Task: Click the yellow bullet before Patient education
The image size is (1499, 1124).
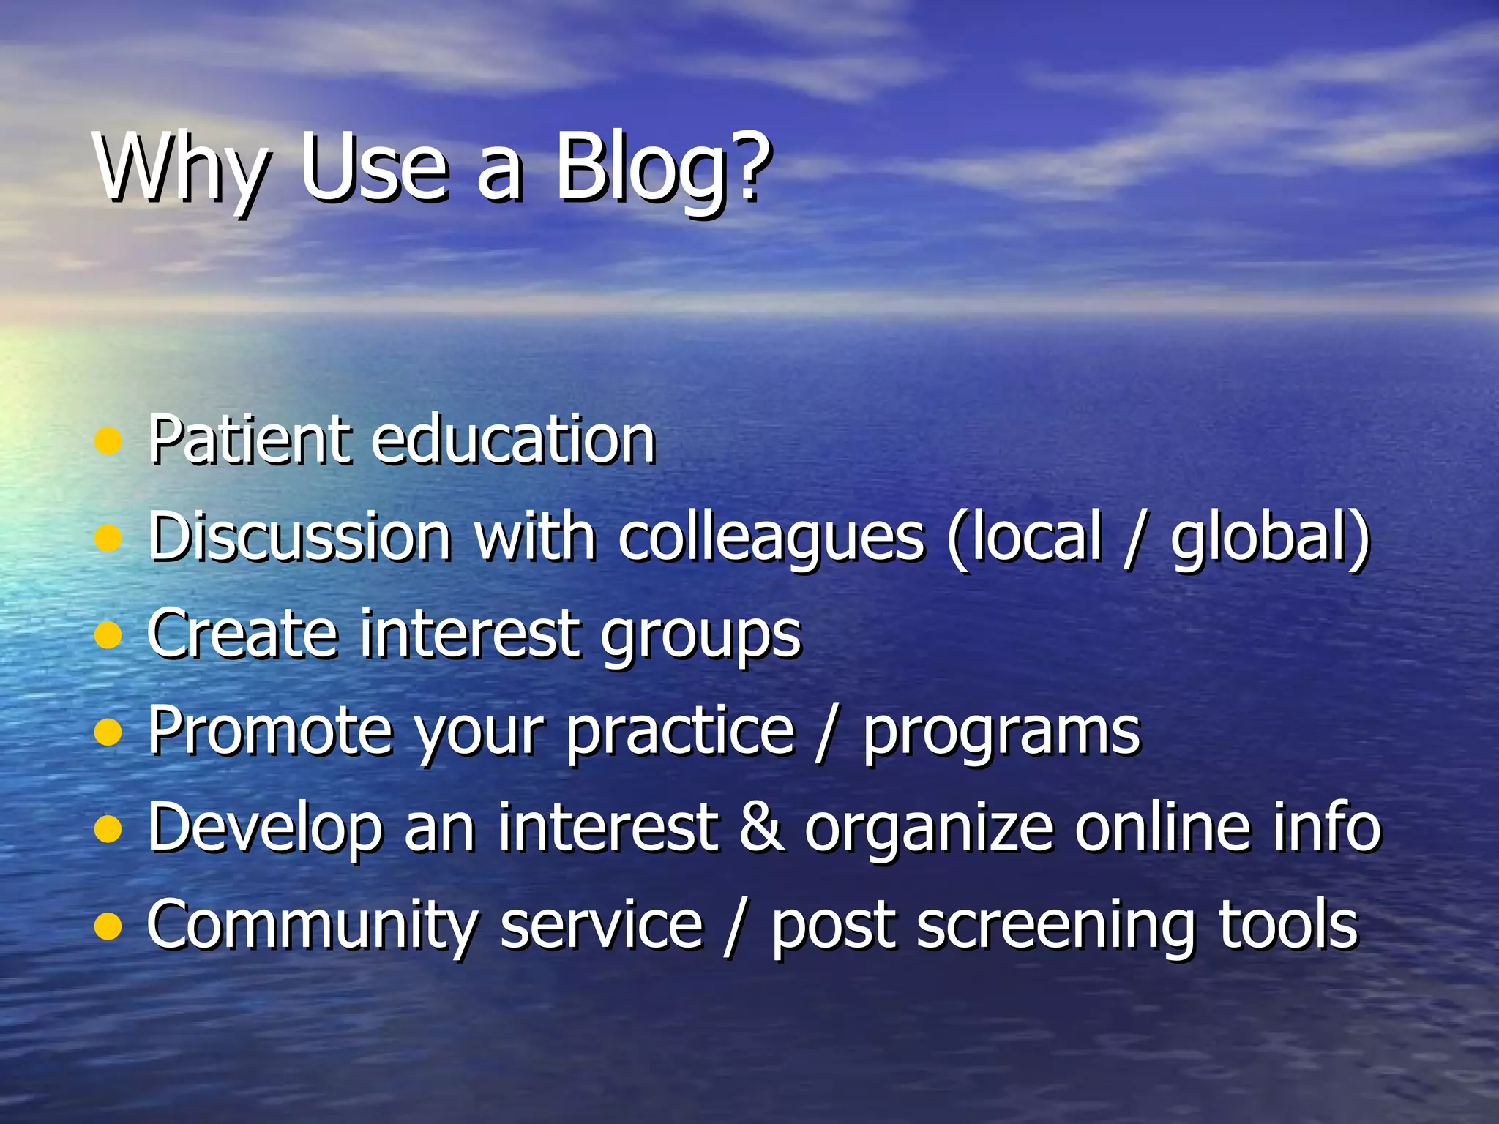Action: coord(108,441)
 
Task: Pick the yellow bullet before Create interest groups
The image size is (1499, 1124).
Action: coord(108,635)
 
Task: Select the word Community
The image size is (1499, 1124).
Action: coord(312,926)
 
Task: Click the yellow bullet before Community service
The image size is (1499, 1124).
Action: coord(108,926)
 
